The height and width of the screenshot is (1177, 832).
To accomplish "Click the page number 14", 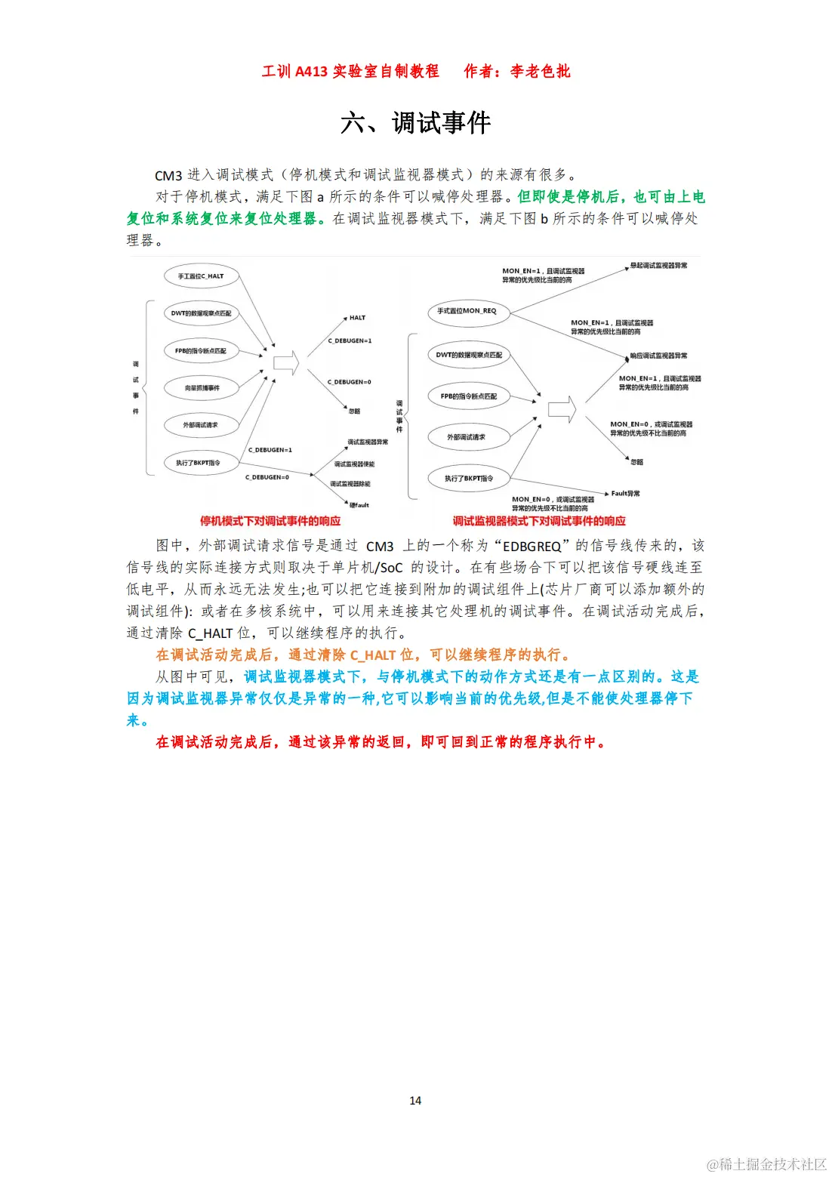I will point(415,1100).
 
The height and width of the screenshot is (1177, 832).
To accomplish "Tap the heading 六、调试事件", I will point(415,122).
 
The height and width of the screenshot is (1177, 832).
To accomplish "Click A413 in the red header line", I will point(311,72).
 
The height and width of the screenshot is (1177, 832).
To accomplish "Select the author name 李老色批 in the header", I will point(541,72).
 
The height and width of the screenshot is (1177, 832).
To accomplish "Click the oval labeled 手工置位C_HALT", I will point(201,276).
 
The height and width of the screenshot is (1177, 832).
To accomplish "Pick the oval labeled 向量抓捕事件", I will point(202,388).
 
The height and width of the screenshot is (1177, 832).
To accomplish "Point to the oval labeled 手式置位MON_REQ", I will point(467,311).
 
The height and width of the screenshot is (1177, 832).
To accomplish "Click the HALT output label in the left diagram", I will point(357,318).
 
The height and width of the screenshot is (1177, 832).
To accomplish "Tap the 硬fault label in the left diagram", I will point(359,505).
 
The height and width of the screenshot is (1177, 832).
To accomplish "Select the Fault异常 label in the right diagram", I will point(625,494).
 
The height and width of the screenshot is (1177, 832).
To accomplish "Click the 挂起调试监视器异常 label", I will point(658,266).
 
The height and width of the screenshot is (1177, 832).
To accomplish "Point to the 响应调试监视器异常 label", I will point(658,356).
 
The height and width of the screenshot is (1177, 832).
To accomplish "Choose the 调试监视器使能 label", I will point(354,464).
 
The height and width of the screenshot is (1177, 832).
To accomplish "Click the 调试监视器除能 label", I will point(350,484).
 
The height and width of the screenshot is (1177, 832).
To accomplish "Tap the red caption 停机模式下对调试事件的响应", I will point(270,521).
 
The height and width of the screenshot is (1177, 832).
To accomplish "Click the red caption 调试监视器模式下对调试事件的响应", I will point(539,521).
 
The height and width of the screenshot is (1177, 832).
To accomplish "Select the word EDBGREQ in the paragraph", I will point(532,546).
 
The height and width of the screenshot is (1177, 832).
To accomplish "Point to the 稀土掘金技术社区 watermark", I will point(767,1163).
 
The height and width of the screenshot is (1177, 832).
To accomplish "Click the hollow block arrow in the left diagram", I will point(285,363).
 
